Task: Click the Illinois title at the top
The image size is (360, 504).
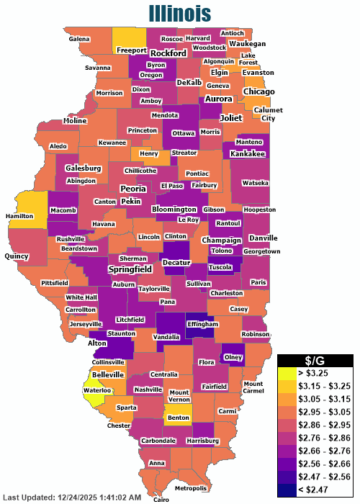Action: click(180, 13)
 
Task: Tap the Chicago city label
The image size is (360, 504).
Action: click(258, 91)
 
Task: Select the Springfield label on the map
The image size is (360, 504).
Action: click(130, 269)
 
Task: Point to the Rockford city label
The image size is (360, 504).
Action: click(168, 53)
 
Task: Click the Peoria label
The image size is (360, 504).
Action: click(133, 189)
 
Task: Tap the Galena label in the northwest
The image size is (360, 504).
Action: click(79, 38)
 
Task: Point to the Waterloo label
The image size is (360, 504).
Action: click(97, 390)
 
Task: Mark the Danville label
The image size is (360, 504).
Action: click(263, 238)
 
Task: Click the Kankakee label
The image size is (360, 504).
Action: click(248, 154)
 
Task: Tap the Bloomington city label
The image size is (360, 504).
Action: click(174, 210)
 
